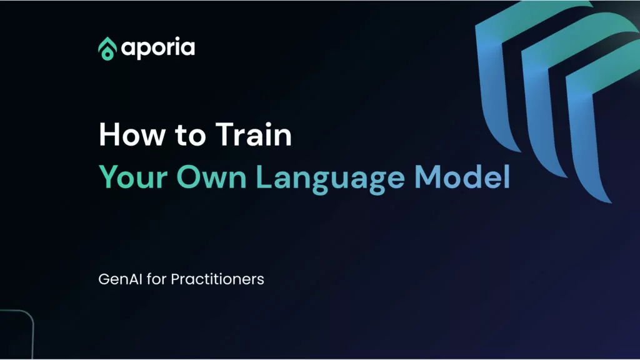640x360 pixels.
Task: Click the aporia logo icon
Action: (x=107, y=48)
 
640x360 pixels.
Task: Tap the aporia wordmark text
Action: (x=158, y=48)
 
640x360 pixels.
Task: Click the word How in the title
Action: (x=128, y=136)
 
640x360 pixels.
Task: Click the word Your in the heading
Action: (x=129, y=177)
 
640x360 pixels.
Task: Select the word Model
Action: (x=462, y=177)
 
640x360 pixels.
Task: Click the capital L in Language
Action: (x=264, y=177)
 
